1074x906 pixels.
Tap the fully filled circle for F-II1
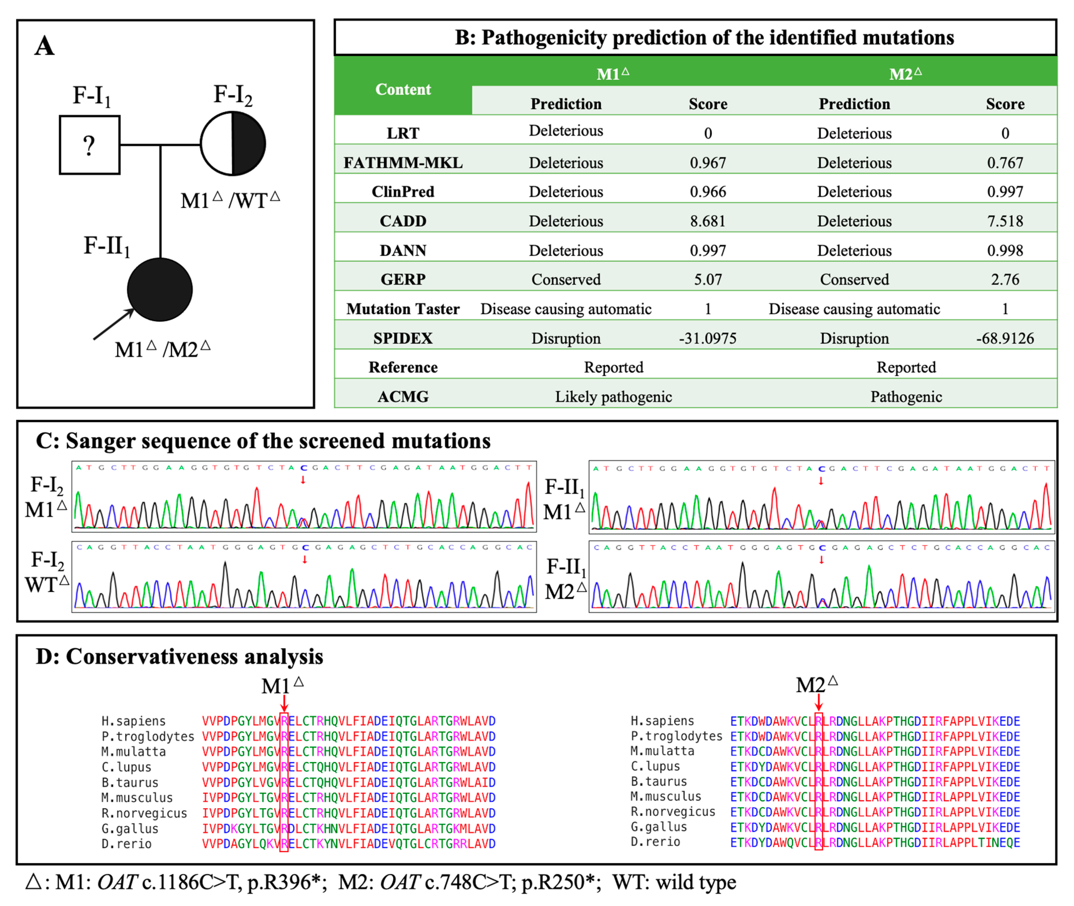(160, 290)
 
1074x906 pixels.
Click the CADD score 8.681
(707, 221)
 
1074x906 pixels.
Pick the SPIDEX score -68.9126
(1005, 338)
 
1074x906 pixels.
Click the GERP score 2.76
(1005, 279)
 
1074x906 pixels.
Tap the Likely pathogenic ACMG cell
(613, 397)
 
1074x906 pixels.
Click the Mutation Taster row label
(403, 309)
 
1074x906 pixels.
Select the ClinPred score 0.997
(1005, 192)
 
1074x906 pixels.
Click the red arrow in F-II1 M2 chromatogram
(821, 560)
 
